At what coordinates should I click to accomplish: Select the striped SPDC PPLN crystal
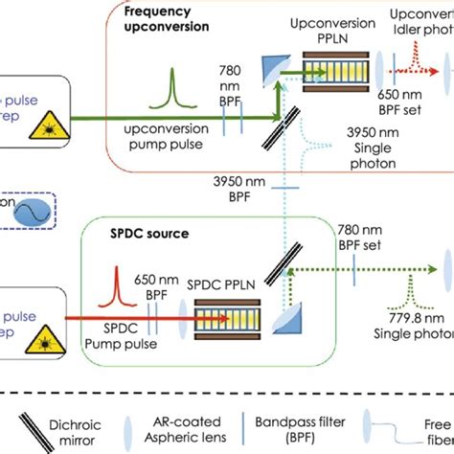point(227,314)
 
